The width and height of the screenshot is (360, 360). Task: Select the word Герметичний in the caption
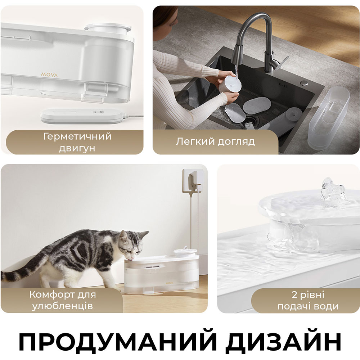(77, 136)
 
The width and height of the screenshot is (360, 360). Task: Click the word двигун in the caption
(77, 148)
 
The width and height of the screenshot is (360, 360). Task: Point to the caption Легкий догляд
(215, 141)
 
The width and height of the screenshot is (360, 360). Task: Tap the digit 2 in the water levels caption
(294, 295)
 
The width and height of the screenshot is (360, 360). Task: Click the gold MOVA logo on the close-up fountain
(49, 75)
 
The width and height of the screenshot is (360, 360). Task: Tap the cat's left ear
(123, 236)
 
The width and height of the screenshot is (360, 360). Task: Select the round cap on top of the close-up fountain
(108, 28)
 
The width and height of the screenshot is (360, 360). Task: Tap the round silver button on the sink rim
(305, 83)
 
